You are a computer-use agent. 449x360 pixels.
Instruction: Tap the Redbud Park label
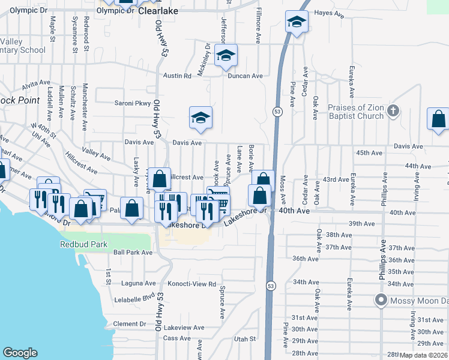(82, 244)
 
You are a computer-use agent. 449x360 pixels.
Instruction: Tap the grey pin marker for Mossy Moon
(380, 300)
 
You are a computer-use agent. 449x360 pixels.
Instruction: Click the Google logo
(20, 353)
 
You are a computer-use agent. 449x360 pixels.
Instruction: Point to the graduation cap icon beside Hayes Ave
(296, 23)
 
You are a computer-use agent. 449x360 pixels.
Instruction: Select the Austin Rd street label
(177, 76)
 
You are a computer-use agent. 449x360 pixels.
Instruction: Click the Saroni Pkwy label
(133, 103)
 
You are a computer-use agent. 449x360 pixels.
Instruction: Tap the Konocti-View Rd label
(191, 284)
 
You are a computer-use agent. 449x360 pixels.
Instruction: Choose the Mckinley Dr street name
(207, 56)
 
